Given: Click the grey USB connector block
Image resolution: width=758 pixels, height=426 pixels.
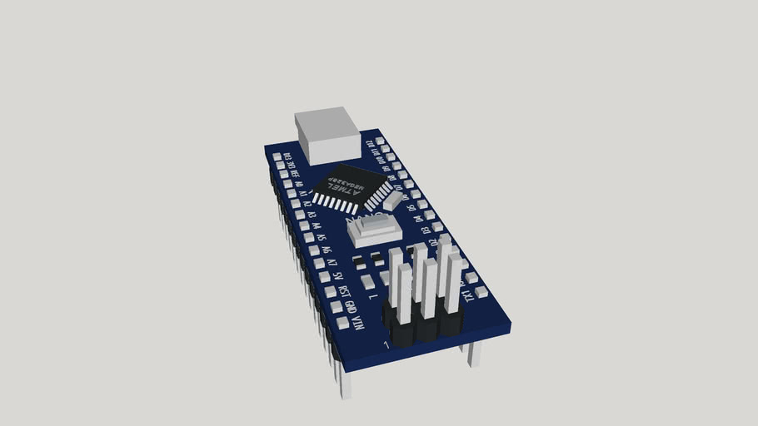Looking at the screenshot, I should pyautogui.click(x=328, y=136).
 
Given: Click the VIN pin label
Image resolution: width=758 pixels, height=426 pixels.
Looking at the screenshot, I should pyautogui.click(x=358, y=317).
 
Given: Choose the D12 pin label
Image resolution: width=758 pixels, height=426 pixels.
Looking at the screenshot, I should pyautogui.click(x=371, y=146).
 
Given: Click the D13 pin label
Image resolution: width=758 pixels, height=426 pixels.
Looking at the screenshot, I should pyautogui.click(x=287, y=156).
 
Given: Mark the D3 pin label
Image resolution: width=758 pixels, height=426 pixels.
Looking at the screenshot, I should pyautogui.click(x=425, y=229).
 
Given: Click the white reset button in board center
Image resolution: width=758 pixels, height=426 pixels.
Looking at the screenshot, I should pyautogui.click(x=374, y=229).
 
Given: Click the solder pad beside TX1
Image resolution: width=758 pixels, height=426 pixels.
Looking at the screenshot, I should pyautogui.click(x=481, y=291).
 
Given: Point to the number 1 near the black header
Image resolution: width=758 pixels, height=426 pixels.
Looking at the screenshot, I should pyautogui.click(x=386, y=344).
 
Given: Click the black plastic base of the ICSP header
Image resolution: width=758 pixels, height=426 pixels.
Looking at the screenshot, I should pyautogui.click(x=421, y=328).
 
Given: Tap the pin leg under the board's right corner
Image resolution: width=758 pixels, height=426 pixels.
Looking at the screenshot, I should pyautogui.click(x=473, y=354).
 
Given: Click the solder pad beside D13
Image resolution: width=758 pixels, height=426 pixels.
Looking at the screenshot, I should pyautogui.click(x=277, y=156).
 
